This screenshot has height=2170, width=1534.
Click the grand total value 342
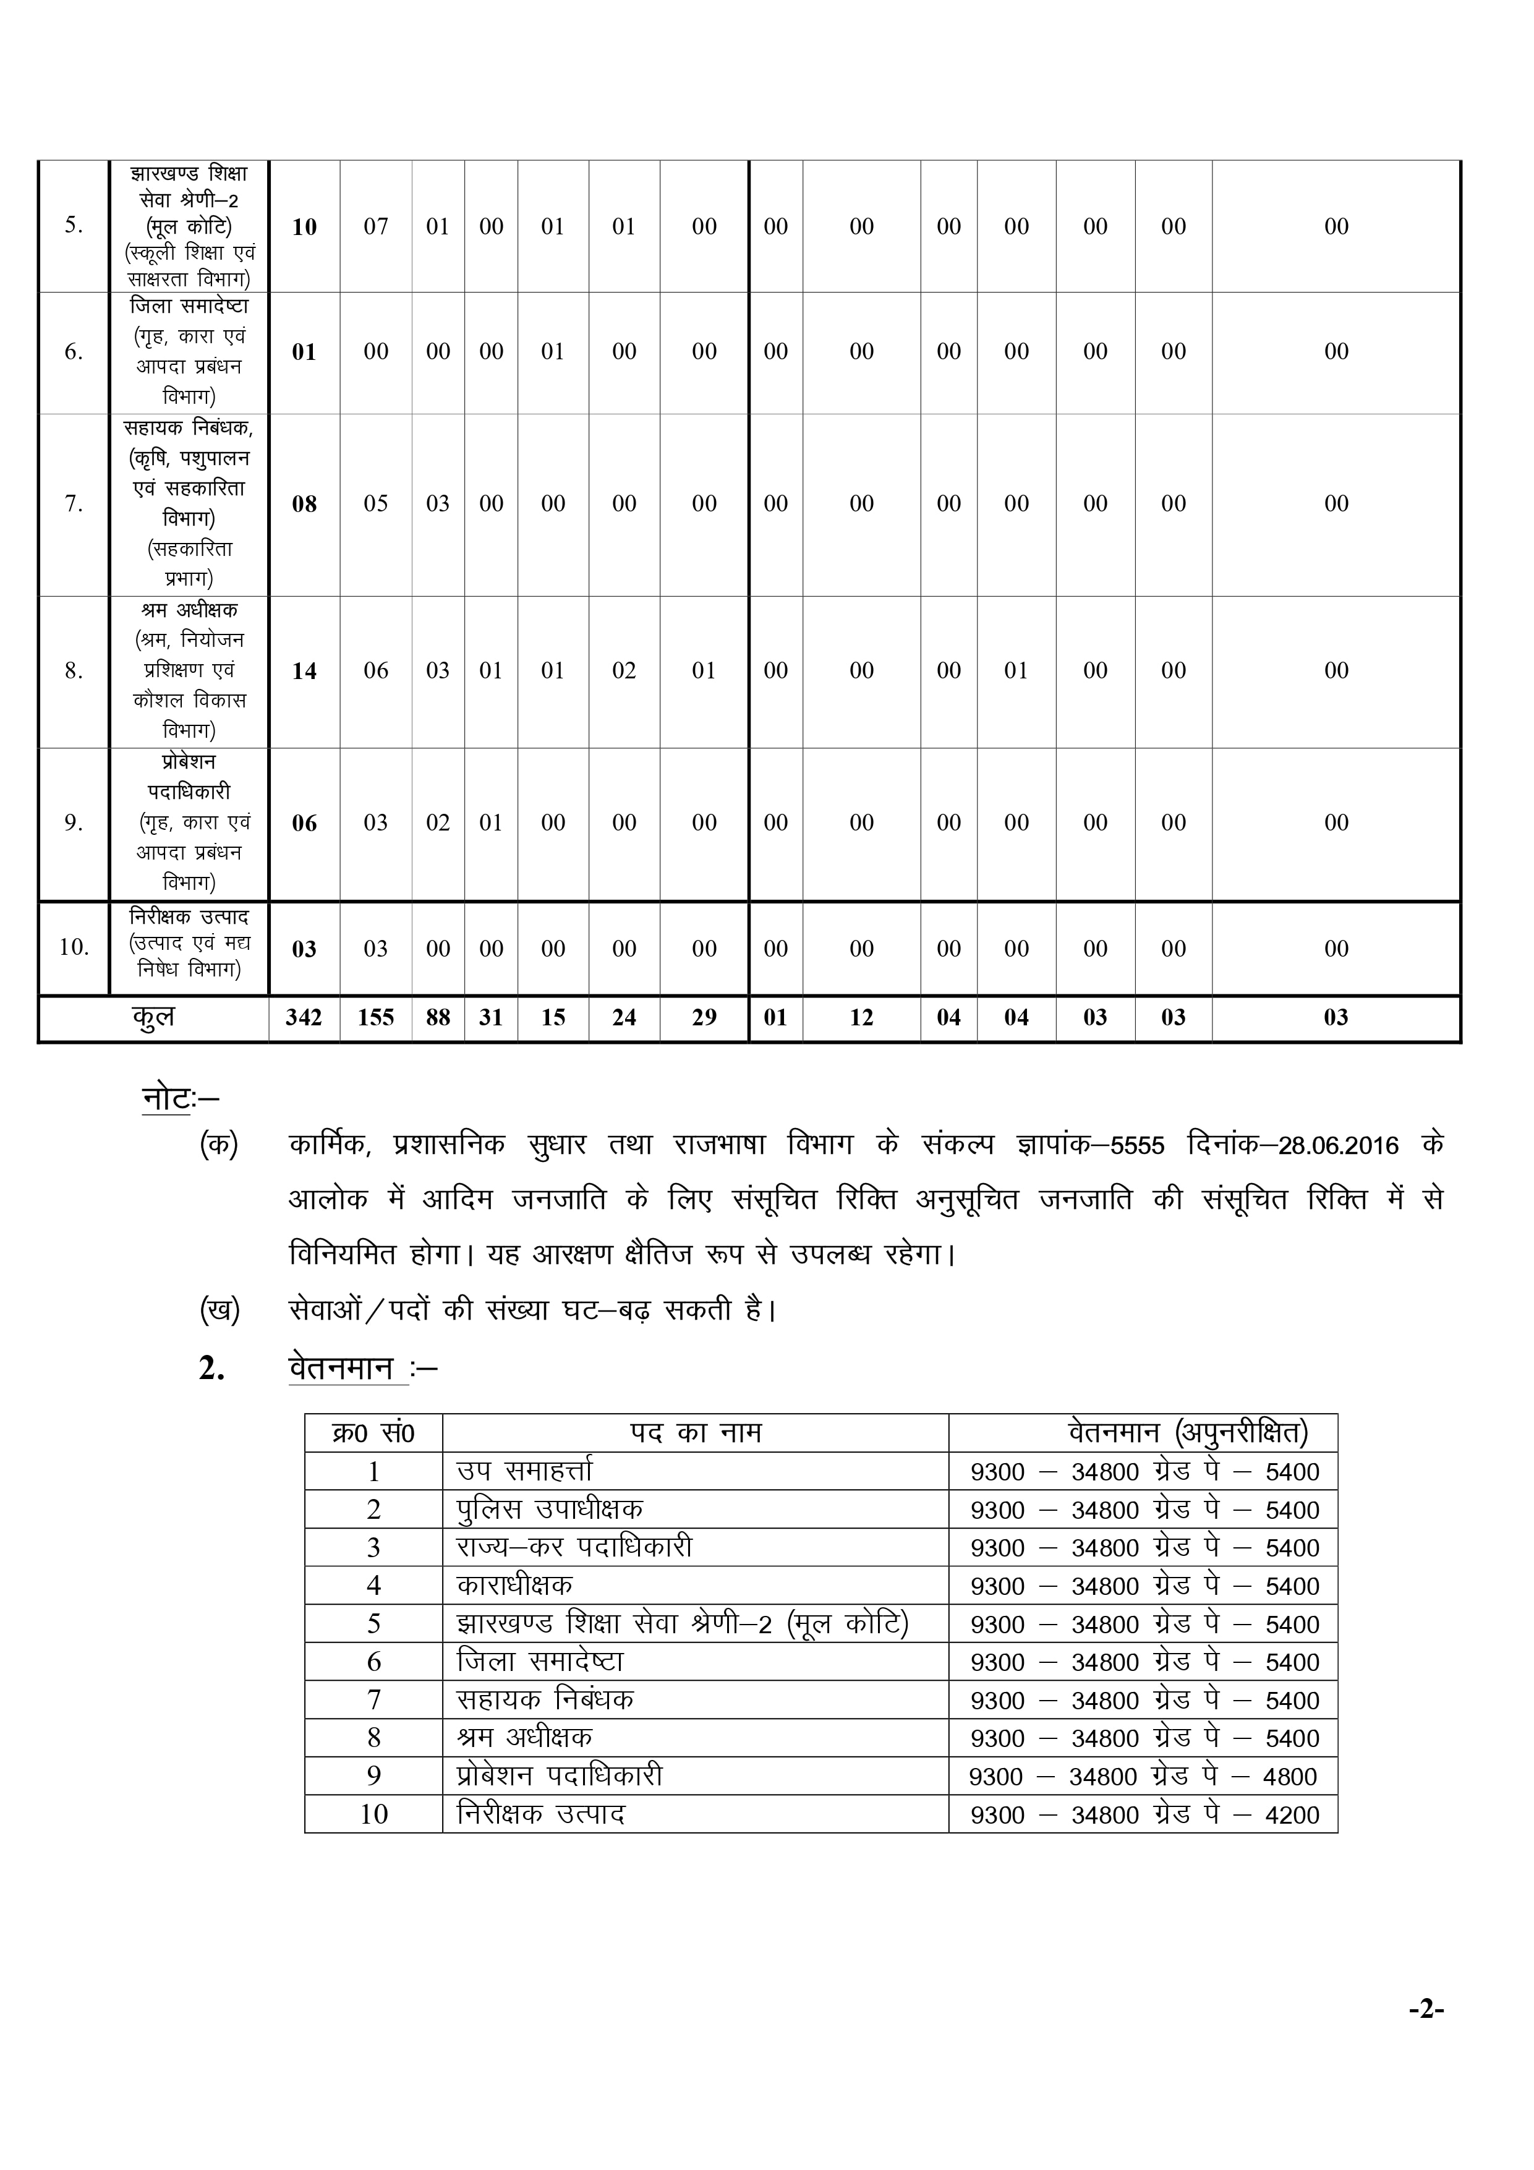click(304, 1018)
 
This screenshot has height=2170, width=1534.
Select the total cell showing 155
click(375, 1018)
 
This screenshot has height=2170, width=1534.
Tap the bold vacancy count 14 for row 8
click(304, 671)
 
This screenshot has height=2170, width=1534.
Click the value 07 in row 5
click(375, 227)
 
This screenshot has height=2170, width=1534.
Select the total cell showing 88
click(438, 1018)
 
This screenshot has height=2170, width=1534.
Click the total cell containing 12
click(861, 1018)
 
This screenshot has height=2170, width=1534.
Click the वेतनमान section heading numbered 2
click(340, 1369)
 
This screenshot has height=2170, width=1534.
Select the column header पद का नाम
click(696, 1433)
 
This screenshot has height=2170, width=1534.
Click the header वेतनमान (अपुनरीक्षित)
click(1188, 1433)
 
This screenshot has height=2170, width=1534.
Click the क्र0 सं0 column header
click(373, 1433)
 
